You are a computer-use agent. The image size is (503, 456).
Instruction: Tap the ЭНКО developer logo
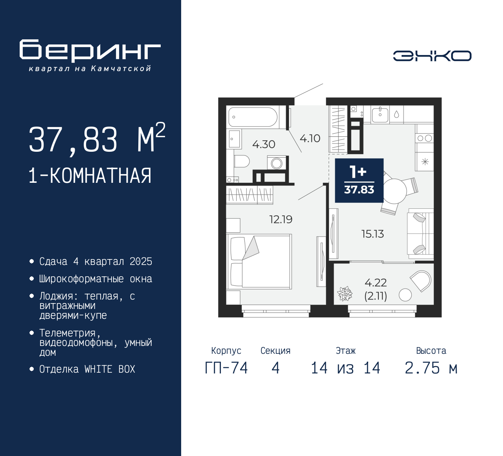(x=432, y=56)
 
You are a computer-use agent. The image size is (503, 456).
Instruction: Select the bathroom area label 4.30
(x=264, y=145)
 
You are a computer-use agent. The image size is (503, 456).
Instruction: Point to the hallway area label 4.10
(x=310, y=138)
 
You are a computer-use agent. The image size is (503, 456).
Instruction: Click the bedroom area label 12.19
(x=281, y=219)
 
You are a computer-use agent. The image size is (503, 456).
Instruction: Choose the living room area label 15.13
(x=373, y=234)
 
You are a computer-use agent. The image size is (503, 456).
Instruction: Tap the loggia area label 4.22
(x=376, y=283)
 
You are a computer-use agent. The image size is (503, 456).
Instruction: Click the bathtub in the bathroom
(x=253, y=117)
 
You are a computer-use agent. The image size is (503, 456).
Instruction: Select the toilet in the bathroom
(x=242, y=161)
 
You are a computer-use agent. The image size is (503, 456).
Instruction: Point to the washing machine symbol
(x=276, y=163)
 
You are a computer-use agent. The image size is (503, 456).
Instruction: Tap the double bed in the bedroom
(x=259, y=262)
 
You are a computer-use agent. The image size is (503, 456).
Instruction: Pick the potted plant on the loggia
(x=345, y=294)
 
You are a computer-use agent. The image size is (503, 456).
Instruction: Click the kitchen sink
(x=380, y=115)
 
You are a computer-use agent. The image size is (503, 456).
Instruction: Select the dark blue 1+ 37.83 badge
(x=359, y=180)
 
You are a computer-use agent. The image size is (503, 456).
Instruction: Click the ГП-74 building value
(x=226, y=368)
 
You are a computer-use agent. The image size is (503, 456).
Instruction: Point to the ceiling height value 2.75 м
(x=431, y=368)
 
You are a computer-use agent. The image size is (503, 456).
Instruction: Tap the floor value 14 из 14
(x=345, y=368)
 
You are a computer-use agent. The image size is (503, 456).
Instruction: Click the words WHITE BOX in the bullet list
(x=110, y=369)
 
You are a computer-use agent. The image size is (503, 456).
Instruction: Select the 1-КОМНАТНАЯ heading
(x=90, y=176)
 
